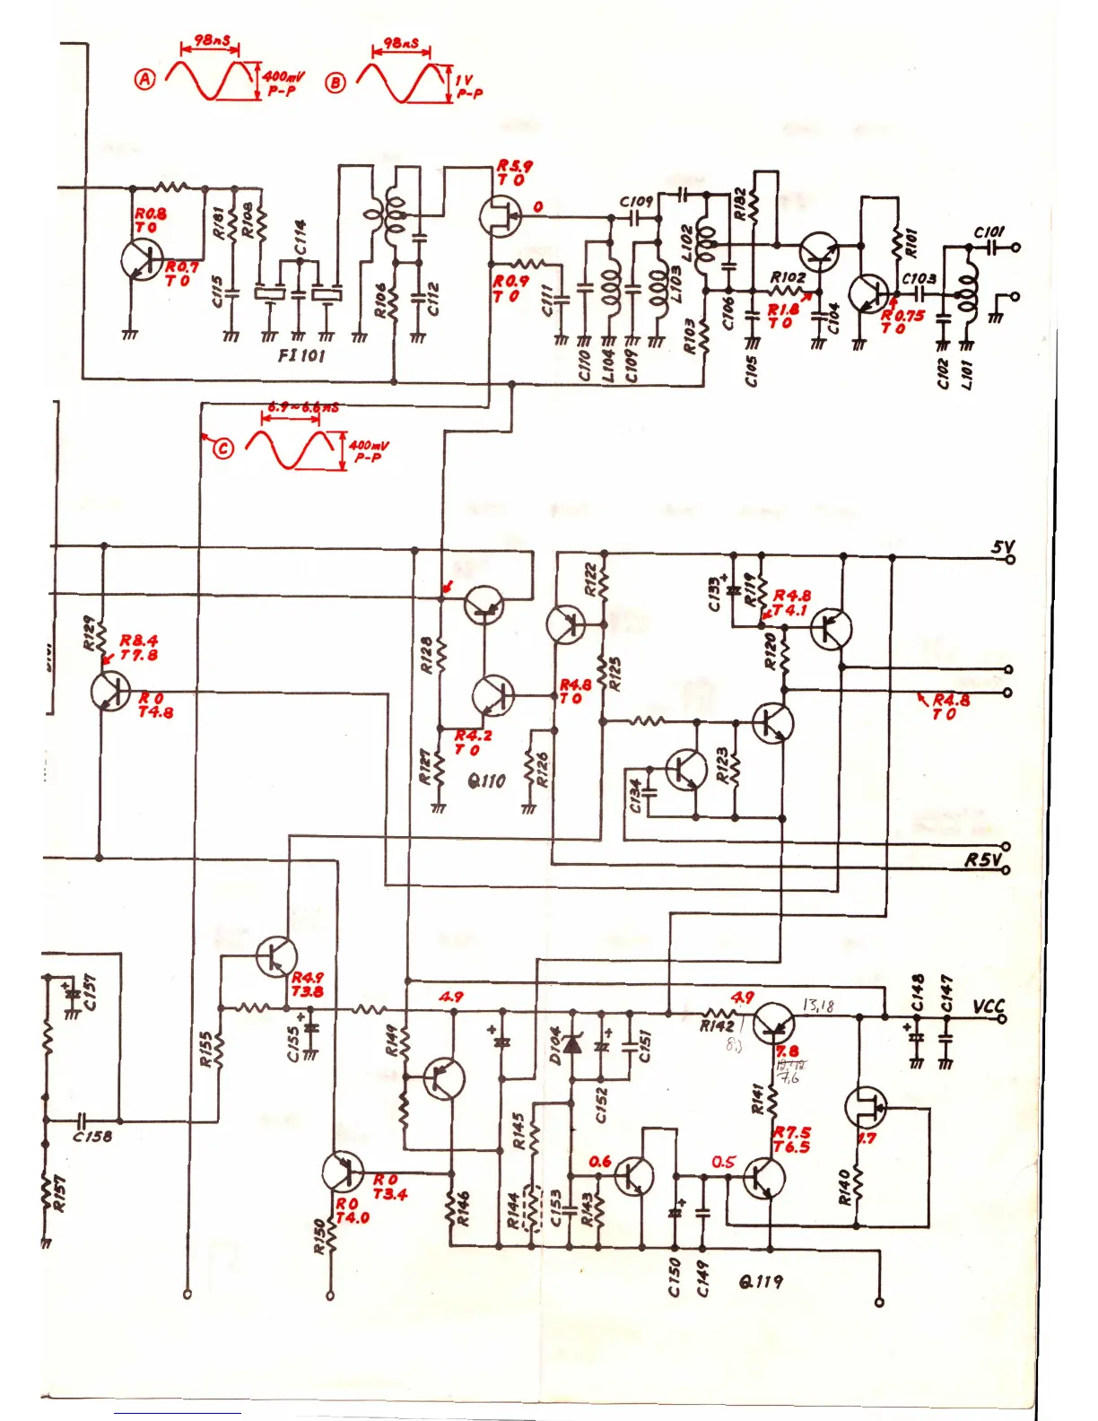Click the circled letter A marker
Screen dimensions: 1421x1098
tap(144, 79)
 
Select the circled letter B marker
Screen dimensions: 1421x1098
tap(335, 83)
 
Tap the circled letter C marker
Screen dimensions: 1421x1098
tap(222, 448)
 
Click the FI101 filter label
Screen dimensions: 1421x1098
tap(301, 355)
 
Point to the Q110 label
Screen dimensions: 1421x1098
tap(486, 780)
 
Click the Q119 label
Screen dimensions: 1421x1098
tap(761, 1281)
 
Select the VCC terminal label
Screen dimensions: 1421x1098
tap(989, 1007)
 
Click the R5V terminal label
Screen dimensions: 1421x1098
tap(982, 859)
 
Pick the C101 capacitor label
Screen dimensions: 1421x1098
tap(989, 232)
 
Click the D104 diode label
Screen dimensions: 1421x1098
tap(555, 1046)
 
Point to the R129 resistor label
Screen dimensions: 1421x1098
tap(89, 632)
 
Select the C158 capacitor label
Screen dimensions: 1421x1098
tap(92, 1136)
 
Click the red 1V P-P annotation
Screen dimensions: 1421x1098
tap(468, 86)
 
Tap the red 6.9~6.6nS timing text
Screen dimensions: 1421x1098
tap(303, 407)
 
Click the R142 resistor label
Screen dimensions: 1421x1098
tap(717, 1025)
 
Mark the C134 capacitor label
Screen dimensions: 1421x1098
tap(635, 796)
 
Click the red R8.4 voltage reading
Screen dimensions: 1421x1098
tap(139, 641)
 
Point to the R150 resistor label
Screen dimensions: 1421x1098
tap(318, 1236)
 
